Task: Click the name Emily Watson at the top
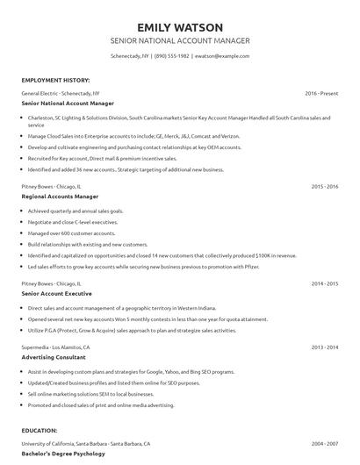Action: pyautogui.click(x=179, y=26)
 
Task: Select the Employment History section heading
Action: pyautogui.click(x=54, y=79)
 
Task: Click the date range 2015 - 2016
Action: pyautogui.click(x=325, y=186)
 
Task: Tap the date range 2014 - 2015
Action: pyautogui.click(x=325, y=283)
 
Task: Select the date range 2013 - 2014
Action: pyautogui.click(x=325, y=347)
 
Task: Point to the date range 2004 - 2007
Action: pyautogui.click(x=325, y=445)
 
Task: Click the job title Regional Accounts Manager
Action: pyautogui.click(x=60, y=197)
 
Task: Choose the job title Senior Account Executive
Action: pyautogui.click(x=58, y=294)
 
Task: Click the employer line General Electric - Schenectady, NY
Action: pyautogui.click(x=61, y=92)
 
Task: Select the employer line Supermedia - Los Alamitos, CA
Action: pyautogui.click(x=61, y=347)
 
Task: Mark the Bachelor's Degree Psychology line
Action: pyautogui.click(x=62, y=454)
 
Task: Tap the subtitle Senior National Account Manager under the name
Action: pyautogui.click(x=179, y=41)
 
